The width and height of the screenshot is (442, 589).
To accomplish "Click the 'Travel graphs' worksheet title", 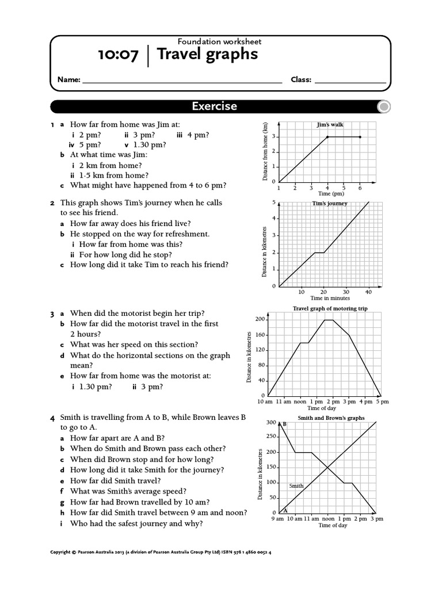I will point(208,55).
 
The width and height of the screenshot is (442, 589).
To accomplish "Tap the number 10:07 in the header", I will point(118,55).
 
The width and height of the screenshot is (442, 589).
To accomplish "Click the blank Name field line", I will point(182,80).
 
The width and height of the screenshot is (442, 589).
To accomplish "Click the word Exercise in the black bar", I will point(214,106).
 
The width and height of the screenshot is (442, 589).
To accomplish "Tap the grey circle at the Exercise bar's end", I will point(384,106).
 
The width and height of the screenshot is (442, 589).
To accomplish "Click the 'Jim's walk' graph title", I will point(330,124).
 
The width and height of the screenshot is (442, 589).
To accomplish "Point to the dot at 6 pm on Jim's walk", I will point(360,137).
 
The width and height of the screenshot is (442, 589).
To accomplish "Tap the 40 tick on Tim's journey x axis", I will point(368,292).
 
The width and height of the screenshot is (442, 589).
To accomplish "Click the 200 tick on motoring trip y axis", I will point(259,319).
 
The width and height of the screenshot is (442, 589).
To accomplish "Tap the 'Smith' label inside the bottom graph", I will point(296,486).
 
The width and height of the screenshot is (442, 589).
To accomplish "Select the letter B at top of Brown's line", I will point(285,424).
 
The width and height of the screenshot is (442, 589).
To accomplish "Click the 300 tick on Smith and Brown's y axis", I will point(270,423).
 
